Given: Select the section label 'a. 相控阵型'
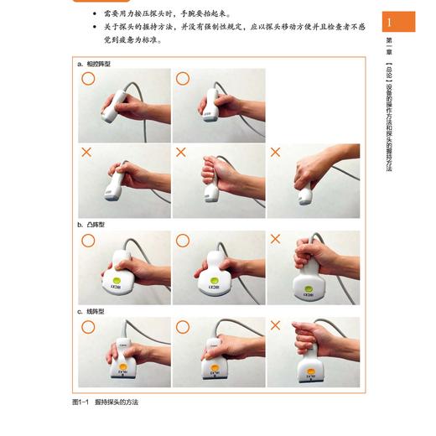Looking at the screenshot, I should tap(94, 64).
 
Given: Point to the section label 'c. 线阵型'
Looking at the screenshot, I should tap(91, 311).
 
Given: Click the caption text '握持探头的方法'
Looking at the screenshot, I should tap(117, 402).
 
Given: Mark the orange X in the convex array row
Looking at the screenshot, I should tap(275, 240).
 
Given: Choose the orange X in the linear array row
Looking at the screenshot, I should tap(275, 324).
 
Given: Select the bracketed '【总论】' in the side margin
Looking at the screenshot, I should tap(388, 73).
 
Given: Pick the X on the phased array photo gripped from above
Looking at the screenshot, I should tap(275, 153).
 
